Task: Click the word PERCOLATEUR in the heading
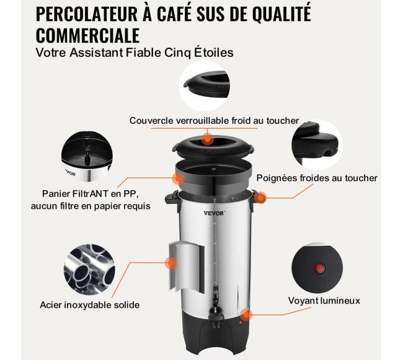tap(87, 14)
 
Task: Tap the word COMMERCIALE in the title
tap(87, 35)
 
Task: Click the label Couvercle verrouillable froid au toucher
tap(214, 120)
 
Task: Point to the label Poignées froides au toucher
tap(317, 178)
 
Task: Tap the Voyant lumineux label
tap(324, 301)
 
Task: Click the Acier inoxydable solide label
tap(90, 305)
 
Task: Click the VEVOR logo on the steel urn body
tap(215, 213)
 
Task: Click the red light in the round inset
tap(319, 268)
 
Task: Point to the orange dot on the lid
tap(207, 139)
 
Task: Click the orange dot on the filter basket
tap(178, 178)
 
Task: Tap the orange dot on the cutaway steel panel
tap(170, 263)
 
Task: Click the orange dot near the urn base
tap(246, 315)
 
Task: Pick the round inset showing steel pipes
tap(89, 269)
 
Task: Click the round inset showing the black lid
tap(205, 86)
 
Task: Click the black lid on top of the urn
tap(213, 147)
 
